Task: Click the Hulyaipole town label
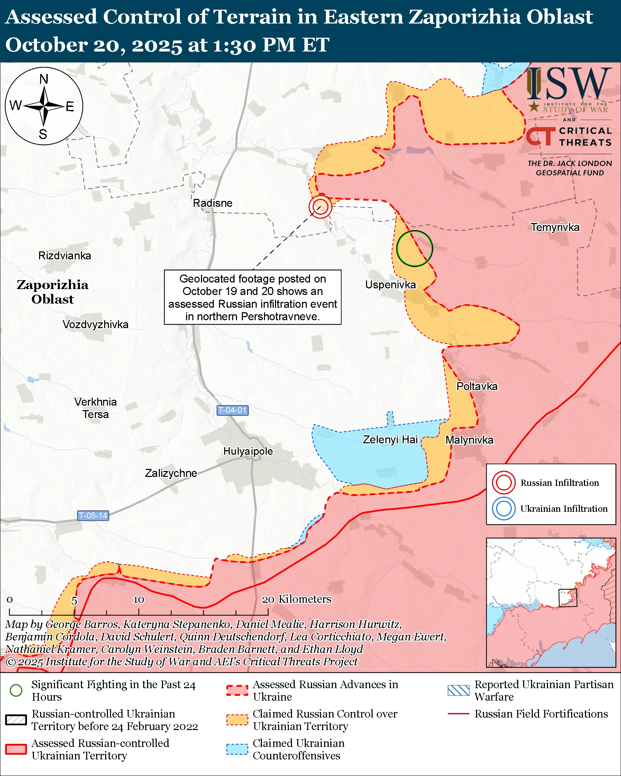248,451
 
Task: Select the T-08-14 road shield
93,515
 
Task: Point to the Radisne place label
212,203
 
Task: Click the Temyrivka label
555,227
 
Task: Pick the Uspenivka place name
390,285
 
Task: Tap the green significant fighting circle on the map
414,248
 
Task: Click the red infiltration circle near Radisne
320,206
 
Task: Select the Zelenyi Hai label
390,440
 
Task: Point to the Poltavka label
477,386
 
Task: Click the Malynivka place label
469,440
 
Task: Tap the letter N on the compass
44,79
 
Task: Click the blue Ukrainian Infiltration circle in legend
503,509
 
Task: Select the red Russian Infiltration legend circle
503,483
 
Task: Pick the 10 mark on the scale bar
139,600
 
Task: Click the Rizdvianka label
65,256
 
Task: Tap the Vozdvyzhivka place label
95,324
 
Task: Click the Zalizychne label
171,473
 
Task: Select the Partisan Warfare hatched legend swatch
458,690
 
